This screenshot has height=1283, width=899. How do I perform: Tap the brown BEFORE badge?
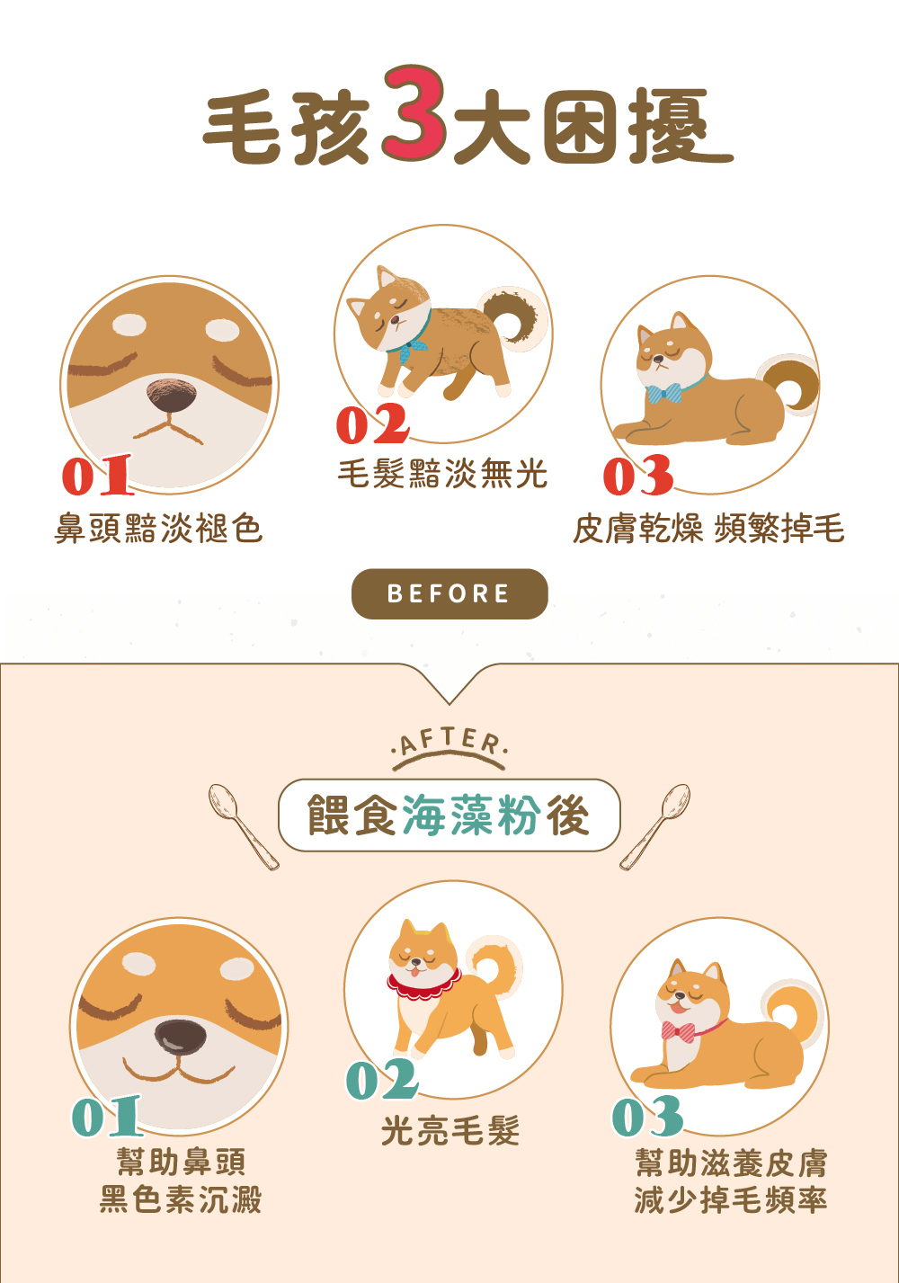click(x=449, y=593)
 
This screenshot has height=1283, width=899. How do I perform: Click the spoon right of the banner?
click(x=656, y=825)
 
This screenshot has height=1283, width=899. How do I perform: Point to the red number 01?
click(x=97, y=476)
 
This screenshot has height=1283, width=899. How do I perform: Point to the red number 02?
click(x=372, y=424)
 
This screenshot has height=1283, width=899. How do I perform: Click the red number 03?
click(x=638, y=476)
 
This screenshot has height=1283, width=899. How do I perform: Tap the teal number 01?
click(x=107, y=1117)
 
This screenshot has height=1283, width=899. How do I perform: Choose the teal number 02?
click(x=382, y=1080)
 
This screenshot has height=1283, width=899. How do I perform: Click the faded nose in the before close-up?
click(x=171, y=396)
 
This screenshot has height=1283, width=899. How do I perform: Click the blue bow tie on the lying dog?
click(x=665, y=394)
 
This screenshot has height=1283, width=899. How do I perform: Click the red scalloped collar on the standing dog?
click(x=424, y=985)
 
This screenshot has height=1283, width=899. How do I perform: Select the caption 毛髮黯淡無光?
click(x=442, y=473)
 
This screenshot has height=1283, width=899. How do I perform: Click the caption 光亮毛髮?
click(x=450, y=1130)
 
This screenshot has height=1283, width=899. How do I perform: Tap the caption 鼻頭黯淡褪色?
click(x=159, y=528)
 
